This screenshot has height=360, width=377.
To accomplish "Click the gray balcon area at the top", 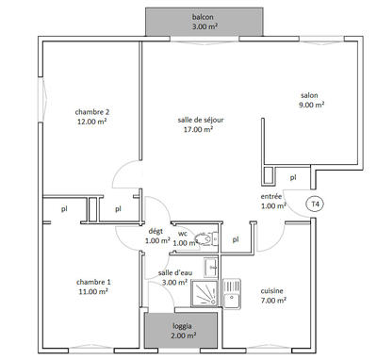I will [203, 22].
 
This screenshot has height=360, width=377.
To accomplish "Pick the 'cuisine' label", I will [274, 290].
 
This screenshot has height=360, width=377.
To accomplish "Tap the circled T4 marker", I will [316, 203].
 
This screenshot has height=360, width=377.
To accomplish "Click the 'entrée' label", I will [272, 196].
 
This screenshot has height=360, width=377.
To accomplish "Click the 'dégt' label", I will [156, 230].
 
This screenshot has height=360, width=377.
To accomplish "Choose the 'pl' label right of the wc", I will [236, 239].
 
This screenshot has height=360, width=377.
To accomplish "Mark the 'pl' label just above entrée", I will [293, 176].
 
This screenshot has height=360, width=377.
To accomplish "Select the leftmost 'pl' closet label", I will [64, 209].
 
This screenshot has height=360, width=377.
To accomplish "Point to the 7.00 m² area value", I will [274, 301].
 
